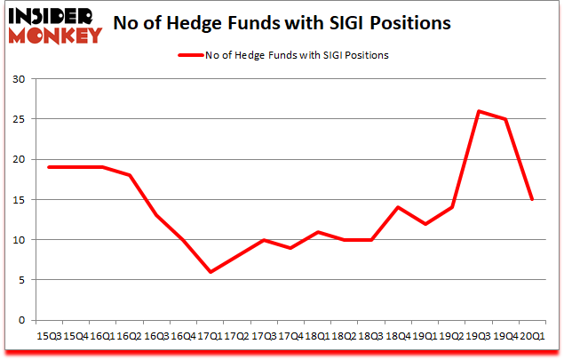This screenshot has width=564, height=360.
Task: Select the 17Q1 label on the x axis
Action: [210, 336]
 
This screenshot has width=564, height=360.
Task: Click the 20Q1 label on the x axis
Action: [531, 336]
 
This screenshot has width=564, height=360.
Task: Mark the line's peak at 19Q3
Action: [479, 111]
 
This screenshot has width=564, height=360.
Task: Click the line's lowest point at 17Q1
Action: [210, 272]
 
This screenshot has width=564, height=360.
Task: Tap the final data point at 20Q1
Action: [531, 200]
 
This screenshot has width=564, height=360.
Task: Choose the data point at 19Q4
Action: [505, 119]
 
